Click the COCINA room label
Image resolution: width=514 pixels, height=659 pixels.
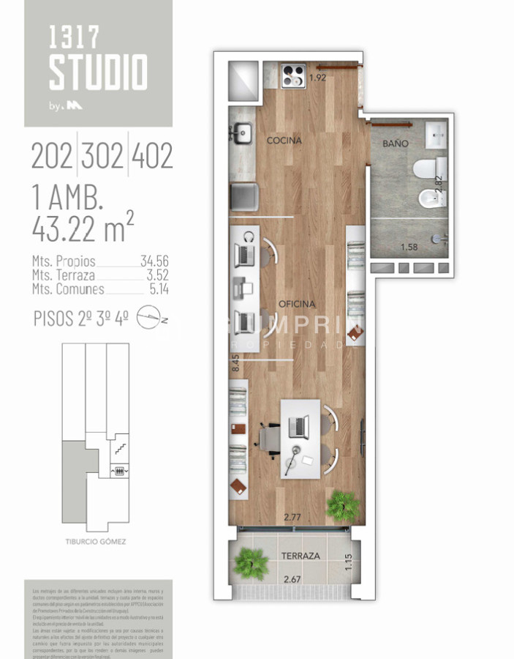click(x=284, y=140)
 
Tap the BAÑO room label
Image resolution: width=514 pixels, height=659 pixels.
click(x=396, y=144)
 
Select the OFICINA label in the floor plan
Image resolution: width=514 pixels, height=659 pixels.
click(x=297, y=303)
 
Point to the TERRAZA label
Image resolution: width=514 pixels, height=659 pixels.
click(x=301, y=556)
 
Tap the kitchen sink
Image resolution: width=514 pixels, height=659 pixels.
click(x=242, y=133)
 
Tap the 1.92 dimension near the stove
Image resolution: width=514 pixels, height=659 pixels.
click(x=317, y=78)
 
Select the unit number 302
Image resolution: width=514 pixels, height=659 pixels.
click(x=102, y=156)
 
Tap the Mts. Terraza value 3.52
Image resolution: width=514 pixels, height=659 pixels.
click(x=154, y=275)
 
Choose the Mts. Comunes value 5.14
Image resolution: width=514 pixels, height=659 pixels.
click(x=154, y=288)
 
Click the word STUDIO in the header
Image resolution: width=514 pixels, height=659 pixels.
click(x=98, y=72)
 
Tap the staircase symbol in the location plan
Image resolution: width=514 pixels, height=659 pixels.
click(x=117, y=444)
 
